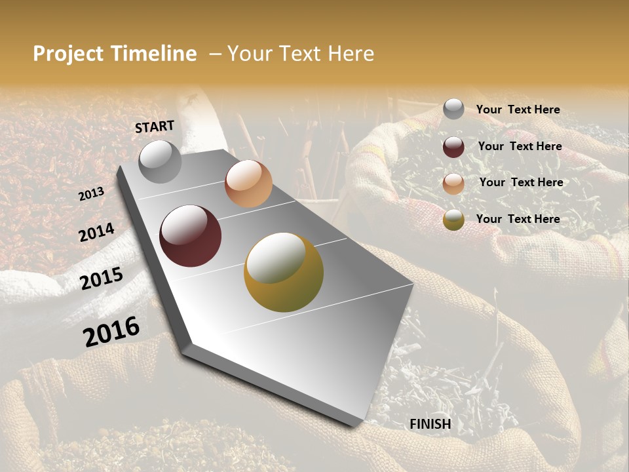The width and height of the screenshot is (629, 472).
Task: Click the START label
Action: tap(155, 127)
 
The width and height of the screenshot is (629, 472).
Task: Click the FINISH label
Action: tap(430, 424)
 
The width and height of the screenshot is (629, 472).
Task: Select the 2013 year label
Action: tap(91, 194)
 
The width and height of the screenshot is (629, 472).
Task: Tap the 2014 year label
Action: tap(96, 232)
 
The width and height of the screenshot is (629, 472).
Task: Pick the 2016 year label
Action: tap(111, 332)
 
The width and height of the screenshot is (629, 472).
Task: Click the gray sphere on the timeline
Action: tap(161, 161)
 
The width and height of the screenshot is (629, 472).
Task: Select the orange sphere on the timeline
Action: tap(248, 184)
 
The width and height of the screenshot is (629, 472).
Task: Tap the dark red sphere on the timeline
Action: tap(191, 236)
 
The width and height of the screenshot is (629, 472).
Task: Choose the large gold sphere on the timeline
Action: tap(284, 272)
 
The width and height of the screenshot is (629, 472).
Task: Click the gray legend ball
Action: tap(453, 109)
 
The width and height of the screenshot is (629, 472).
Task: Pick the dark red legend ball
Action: tap(453, 147)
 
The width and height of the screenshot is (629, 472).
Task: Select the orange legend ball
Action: tap(453, 184)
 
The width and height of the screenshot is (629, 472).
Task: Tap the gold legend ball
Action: tap(453, 220)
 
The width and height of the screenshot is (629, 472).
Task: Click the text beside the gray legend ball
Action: tap(518, 110)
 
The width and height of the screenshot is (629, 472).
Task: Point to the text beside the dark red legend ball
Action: tap(520, 147)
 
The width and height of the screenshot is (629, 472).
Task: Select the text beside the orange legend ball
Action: tap(521, 183)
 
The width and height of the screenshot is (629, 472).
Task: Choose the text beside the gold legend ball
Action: tap(518, 219)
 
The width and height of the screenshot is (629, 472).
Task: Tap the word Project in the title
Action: tap(68, 54)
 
